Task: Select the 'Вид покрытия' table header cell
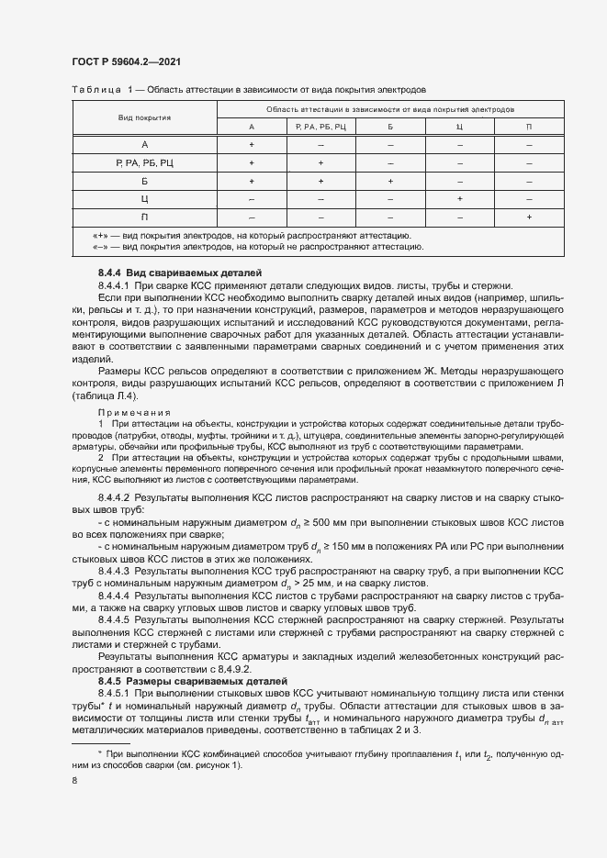pos(144,117)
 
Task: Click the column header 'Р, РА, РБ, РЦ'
pos(320,126)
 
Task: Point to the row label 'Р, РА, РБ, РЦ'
pos(144,162)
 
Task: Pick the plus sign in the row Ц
pos(459,197)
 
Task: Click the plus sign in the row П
pos(529,216)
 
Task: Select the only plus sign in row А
pos(252,145)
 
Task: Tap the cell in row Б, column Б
pos(390,181)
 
